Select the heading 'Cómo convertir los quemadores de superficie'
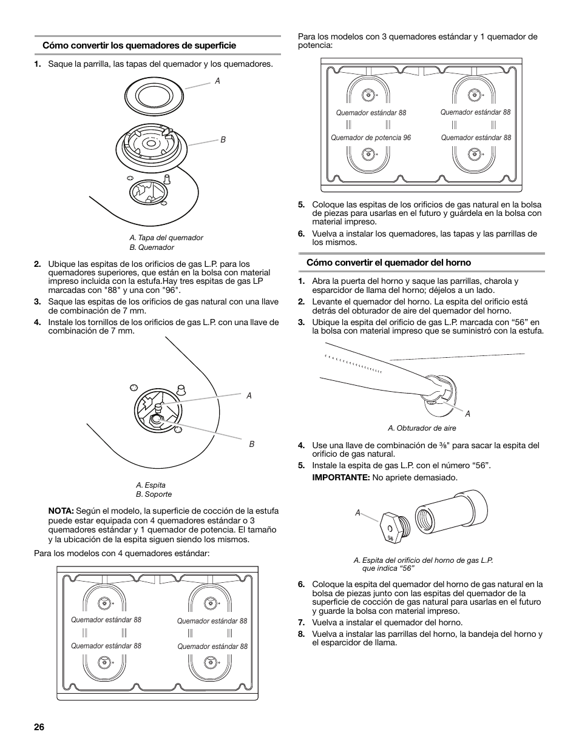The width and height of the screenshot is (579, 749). point(139,45)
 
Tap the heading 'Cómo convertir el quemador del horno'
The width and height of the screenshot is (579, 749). point(388,263)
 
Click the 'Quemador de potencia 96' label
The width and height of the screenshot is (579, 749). point(371,138)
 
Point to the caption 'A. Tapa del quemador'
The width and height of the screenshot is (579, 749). point(166,238)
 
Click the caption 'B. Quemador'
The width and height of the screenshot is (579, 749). point(152,247)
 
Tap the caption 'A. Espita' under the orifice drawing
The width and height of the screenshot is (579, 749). point(151,485)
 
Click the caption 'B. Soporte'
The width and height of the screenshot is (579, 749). point(154,494)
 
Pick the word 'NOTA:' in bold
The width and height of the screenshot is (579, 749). point(61,511)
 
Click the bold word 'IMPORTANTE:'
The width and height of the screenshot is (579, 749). point(340,477)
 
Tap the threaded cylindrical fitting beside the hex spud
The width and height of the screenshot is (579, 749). point(452,514)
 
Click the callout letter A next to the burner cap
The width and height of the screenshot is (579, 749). point(217,80)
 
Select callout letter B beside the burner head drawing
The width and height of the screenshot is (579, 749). point(223,139)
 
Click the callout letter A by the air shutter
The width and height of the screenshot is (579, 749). point(468,414)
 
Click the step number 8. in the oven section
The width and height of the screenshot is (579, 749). point(301,634)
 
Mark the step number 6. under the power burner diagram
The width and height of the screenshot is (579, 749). point(301,234)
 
